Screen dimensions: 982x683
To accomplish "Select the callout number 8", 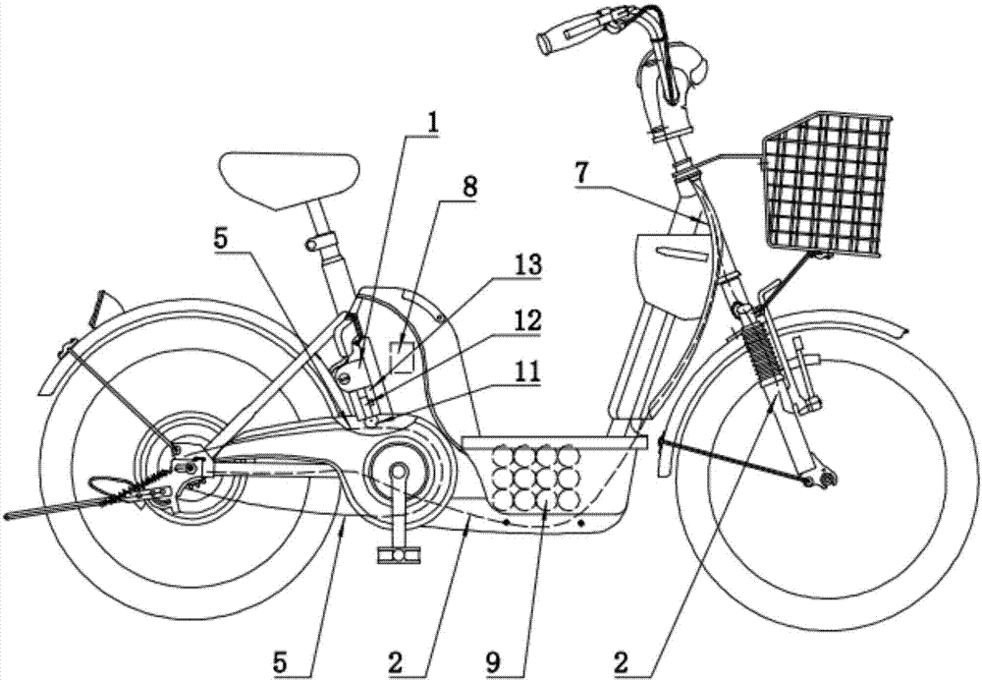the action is [x=468, y=187].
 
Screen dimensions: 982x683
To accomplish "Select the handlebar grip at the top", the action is [x=563, y=34].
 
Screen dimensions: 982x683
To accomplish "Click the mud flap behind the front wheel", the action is [x=663, y=457].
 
